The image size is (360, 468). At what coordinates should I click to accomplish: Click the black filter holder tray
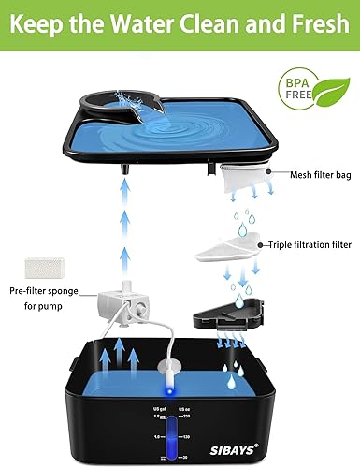(222, 319)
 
